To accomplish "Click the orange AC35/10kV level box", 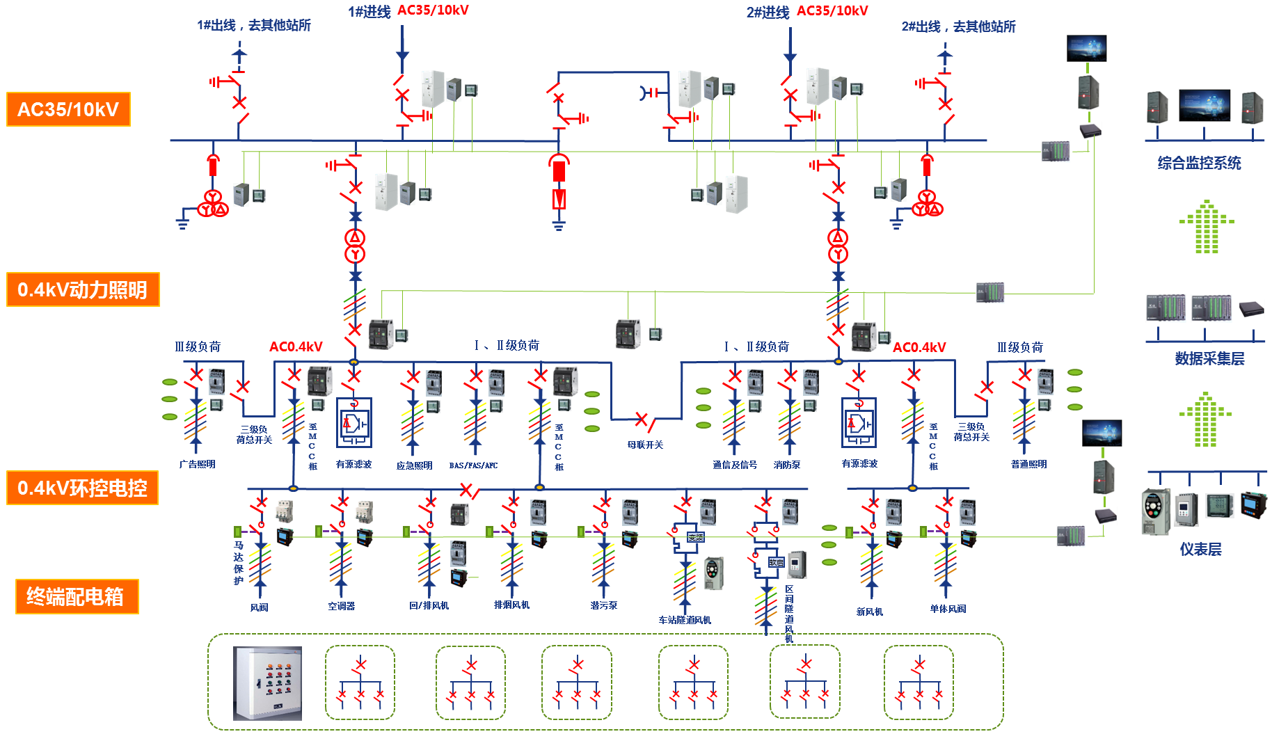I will point(68,109).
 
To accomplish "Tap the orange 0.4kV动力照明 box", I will point(83,289).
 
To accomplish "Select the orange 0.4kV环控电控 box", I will point(83,488).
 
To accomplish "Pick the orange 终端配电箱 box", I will point(77,596).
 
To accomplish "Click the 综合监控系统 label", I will point(1199,163).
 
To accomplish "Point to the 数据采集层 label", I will point(1209,358).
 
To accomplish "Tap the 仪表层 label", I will point(1200,549).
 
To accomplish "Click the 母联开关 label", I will point(645,445).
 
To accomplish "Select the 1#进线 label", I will point(369,12).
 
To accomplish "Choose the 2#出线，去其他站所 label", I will point(958,26).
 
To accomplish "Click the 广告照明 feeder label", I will point(197,464).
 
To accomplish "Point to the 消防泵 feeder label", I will point(787,465).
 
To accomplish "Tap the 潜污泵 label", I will point(603,605).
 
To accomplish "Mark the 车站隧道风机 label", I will point(685,620).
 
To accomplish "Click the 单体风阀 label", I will point(948,609).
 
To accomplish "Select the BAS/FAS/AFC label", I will point(473,465).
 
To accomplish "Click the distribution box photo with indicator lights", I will point(267,683).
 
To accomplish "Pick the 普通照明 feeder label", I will point(1028,464).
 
